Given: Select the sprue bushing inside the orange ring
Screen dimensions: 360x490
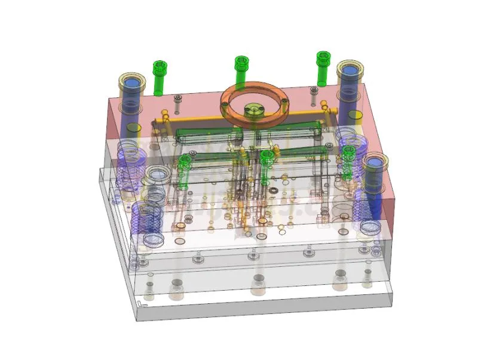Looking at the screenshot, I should pyautogui.click(x=254, y=110).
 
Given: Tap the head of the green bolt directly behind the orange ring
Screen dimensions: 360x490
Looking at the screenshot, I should pyautogui.click(x=241, y=61).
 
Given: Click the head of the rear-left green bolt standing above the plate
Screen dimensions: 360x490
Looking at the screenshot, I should pyautogui.click(x=159, y=65).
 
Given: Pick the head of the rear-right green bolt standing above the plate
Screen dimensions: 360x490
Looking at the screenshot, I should pyautogui.click(x=323, y=57).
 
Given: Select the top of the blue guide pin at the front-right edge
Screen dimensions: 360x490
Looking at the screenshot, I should pyautogui.click(x=375, y=162).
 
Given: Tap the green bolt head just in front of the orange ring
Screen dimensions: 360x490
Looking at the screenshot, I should pyautogui.click(x=267, y=156).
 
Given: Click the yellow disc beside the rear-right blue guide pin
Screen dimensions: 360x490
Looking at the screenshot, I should pyautogui.click(x=354, y=115).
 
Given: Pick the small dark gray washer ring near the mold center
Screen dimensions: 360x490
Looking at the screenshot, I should pyautogui.click(x=274, y=190).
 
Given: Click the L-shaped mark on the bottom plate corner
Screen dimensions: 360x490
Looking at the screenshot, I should pyautogui.click(x=140, y=304).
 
